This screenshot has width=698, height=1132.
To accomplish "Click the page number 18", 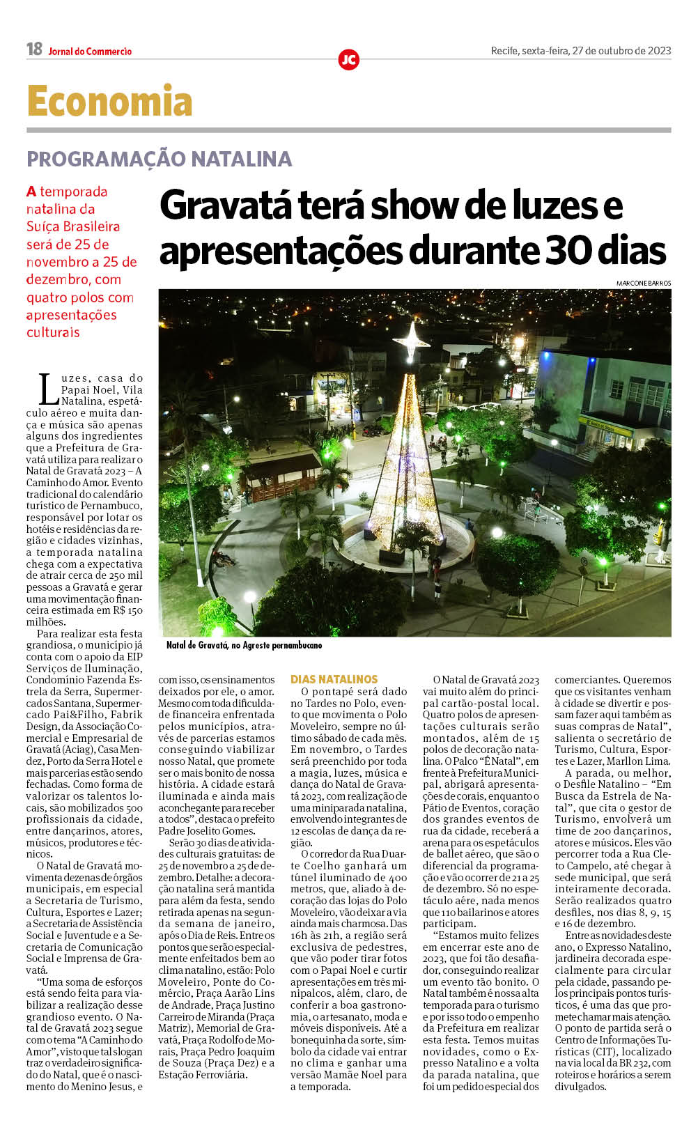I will pos(34,49).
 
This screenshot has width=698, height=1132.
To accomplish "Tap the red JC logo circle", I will pos(348,60).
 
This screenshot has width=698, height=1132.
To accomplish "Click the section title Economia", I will pos(109,102).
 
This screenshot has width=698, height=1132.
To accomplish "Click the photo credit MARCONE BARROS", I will pos(643,283).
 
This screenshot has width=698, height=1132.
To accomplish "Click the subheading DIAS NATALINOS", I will pos(334,679).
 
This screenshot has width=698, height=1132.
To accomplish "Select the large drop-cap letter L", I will pos(48,389).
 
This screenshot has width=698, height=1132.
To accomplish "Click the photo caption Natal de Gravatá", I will pos(197,645).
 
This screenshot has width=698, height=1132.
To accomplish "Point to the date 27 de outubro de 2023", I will pos(621,51).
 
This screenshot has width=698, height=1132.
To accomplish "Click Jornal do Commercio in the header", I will pos(90,52).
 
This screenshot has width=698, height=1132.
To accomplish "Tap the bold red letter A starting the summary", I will pos(31,192).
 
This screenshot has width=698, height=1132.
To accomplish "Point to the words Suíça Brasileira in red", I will pos(73,226).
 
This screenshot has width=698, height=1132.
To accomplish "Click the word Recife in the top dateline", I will pos(504,51).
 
